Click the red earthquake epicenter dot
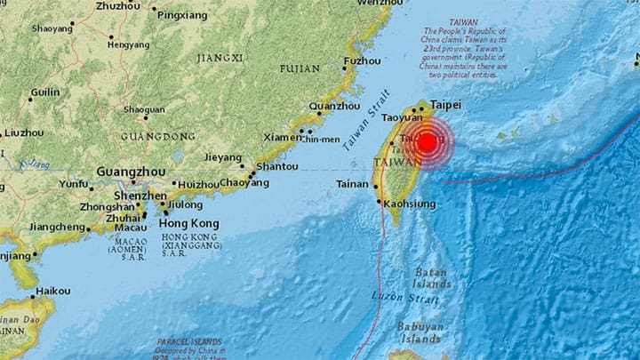point(428,142)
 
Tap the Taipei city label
point(446,105)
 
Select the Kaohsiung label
point(412,204)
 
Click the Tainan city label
point(353,184)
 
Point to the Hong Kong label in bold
point(188,222)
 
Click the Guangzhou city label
point(126,171)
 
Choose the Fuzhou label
point(363,60)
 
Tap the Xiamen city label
point(282,138)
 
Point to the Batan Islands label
point(431,278)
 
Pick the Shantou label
point(276,166)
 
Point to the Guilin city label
point(45,92)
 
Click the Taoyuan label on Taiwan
point(401,117)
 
